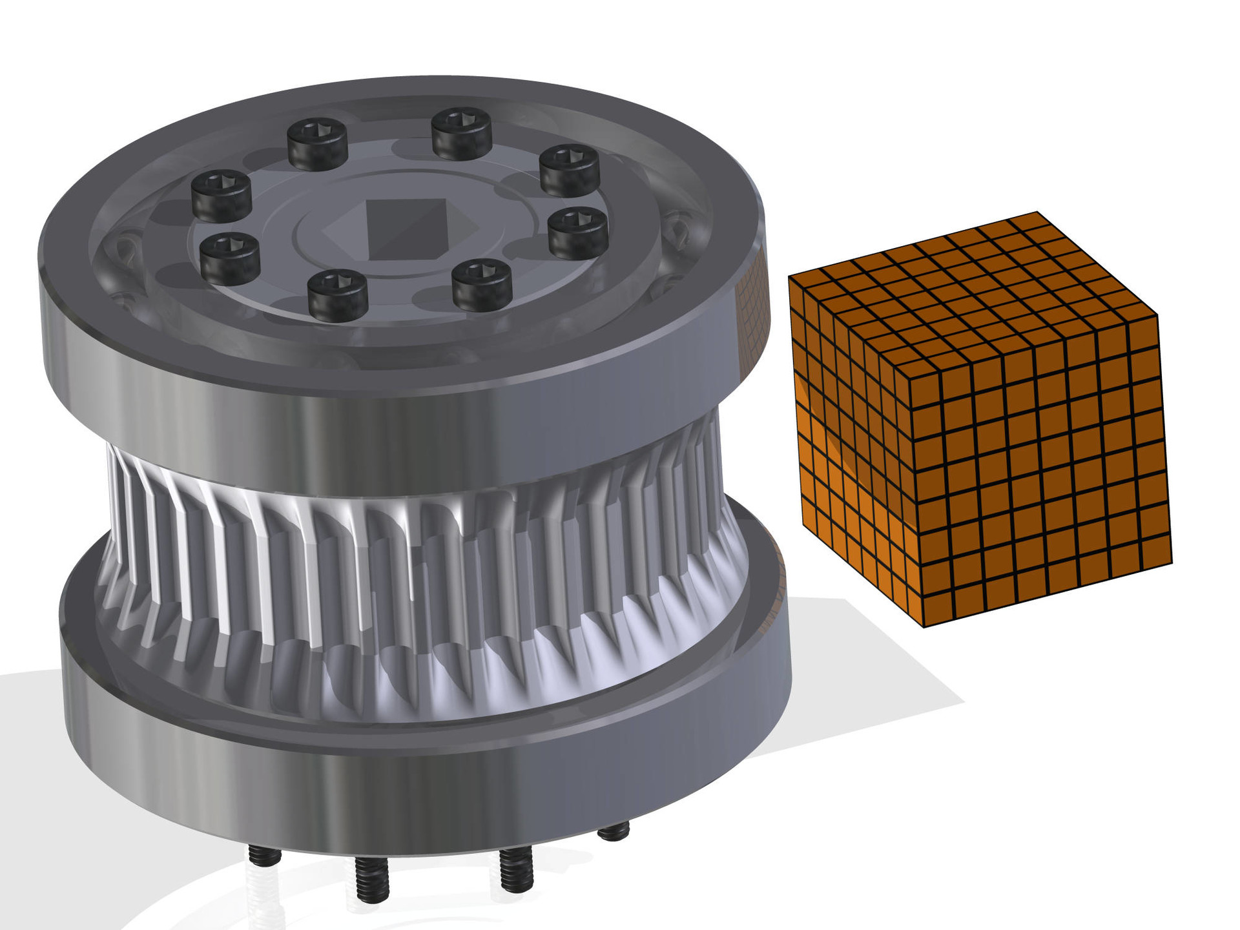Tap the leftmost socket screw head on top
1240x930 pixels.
(221, 192)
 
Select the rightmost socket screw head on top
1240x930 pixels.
(578, 231)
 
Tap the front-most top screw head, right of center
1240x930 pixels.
(482, 284)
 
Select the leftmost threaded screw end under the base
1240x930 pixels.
(264, 856)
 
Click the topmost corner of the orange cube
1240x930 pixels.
(1037, 212)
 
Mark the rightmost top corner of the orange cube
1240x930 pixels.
(1157, 316)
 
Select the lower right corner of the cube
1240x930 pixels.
(1172, 562)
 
